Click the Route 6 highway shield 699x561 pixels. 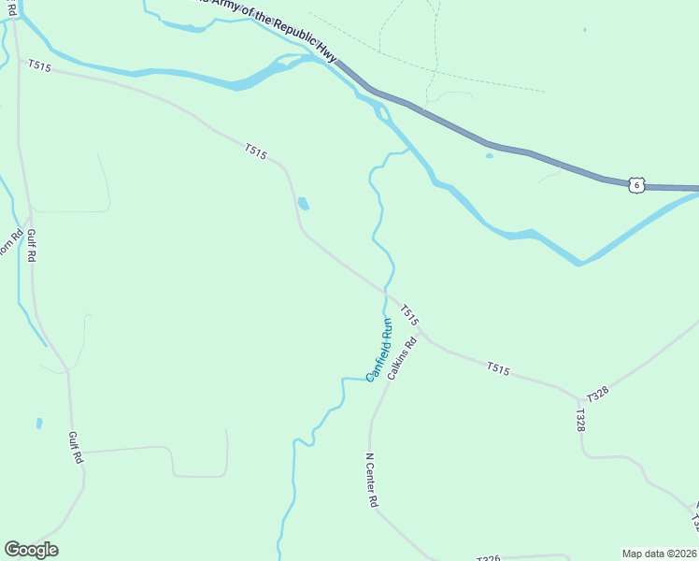click(636, 185)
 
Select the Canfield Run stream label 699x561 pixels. click(379, 350)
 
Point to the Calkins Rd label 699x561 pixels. click(402, 357)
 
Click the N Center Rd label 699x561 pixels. click(371, 481)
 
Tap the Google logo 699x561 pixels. click(31, 550)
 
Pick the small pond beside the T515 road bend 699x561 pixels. click(303, 203)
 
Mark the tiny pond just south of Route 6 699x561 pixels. click(489, 156)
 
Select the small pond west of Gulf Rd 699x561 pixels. click(39, 424)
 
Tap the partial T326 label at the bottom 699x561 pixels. click(488, 558)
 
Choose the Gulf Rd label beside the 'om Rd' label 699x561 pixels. click(31, 245)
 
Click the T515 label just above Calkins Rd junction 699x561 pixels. click(410, 315)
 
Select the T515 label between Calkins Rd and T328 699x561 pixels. click(497, 370)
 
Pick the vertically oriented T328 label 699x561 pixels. click(580, 420)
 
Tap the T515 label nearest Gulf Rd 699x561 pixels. click(38, 65)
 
